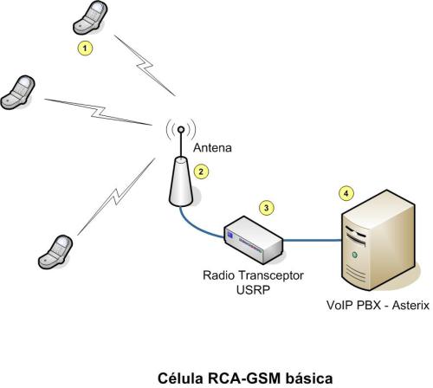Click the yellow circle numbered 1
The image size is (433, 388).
click(84, 48)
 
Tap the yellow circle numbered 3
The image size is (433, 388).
click(267, 207)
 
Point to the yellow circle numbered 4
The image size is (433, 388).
click(346, 192)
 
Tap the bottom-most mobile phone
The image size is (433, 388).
click(56, 249)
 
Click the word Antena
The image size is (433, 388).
click(211, 147)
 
